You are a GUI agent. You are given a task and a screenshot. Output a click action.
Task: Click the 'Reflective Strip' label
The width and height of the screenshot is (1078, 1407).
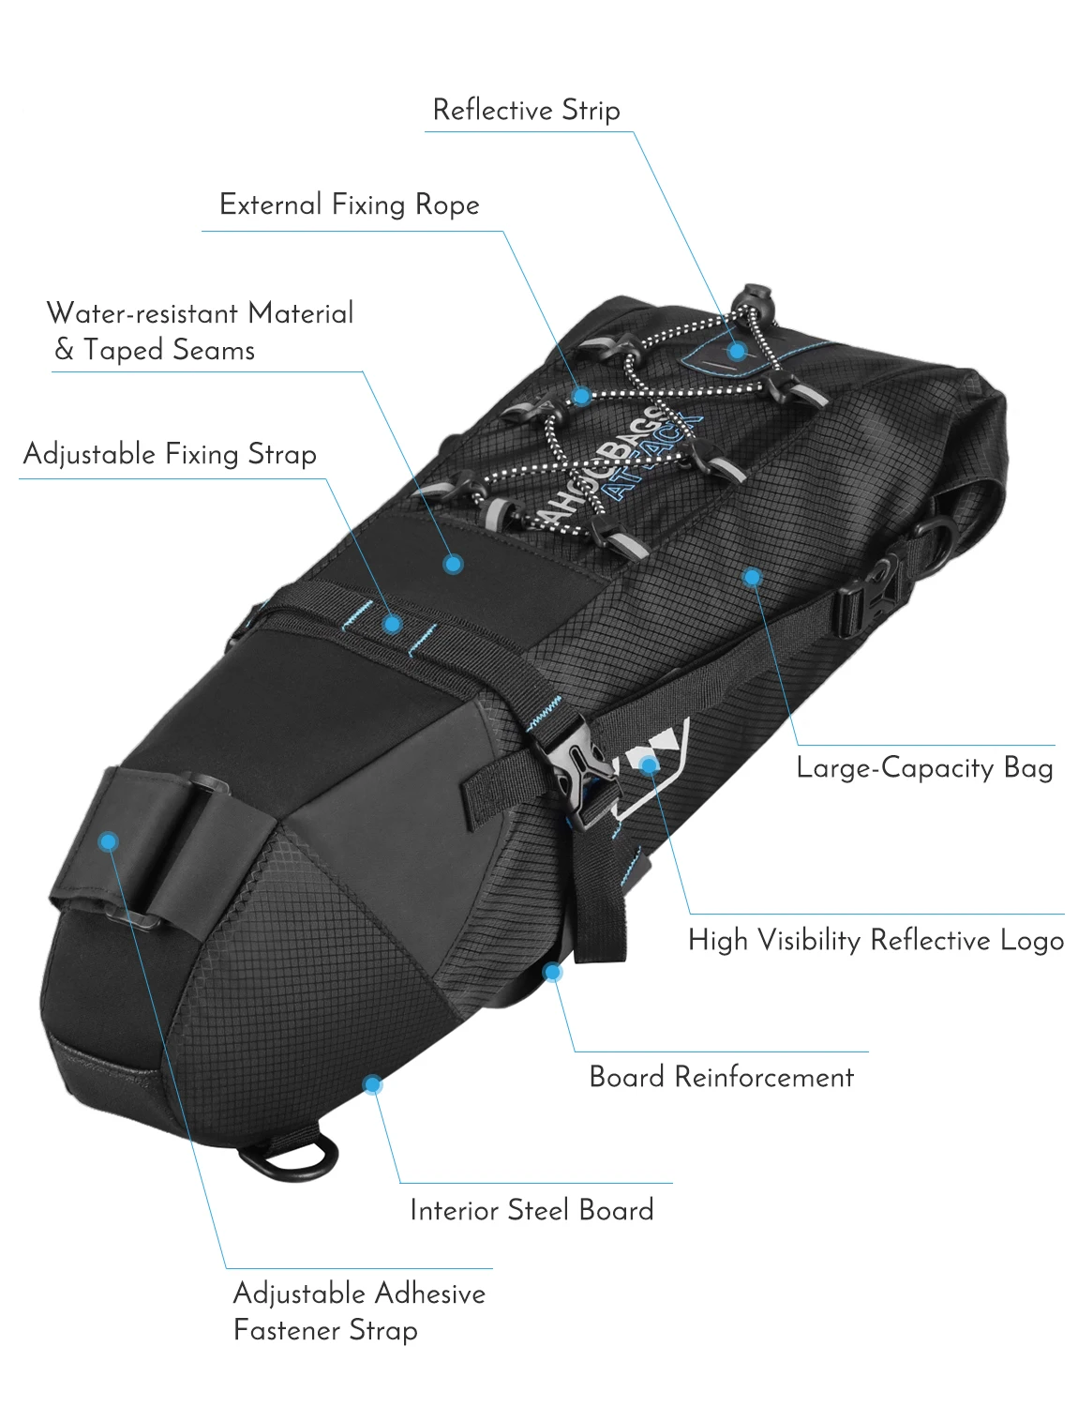526,110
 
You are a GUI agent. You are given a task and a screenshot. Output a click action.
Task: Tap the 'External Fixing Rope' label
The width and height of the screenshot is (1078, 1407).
349,204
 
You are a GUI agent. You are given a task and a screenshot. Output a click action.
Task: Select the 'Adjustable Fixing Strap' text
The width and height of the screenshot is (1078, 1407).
170,454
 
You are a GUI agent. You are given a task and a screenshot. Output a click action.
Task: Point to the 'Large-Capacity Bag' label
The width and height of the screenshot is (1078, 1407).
924,768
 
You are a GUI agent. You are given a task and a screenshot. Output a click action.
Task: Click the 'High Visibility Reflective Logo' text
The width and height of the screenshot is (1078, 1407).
876,940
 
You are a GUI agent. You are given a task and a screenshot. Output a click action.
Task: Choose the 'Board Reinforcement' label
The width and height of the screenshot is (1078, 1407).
721,1077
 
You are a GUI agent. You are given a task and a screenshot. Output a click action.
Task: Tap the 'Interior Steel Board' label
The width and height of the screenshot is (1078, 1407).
532,1210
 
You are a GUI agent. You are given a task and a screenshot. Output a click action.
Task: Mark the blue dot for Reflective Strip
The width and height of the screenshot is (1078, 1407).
738,351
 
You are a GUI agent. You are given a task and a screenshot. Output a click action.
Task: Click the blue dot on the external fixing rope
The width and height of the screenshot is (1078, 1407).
582,396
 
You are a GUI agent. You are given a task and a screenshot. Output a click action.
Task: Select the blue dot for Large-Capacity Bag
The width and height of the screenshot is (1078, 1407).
752,576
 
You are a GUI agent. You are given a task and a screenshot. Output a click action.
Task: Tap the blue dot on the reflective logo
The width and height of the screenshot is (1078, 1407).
650,765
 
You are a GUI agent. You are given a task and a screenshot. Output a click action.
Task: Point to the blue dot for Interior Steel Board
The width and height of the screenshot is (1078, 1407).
372,1085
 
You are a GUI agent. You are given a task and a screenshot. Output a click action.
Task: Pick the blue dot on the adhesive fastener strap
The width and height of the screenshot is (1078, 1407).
109,841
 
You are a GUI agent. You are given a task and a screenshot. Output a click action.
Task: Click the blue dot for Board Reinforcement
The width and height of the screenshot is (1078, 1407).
553,972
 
